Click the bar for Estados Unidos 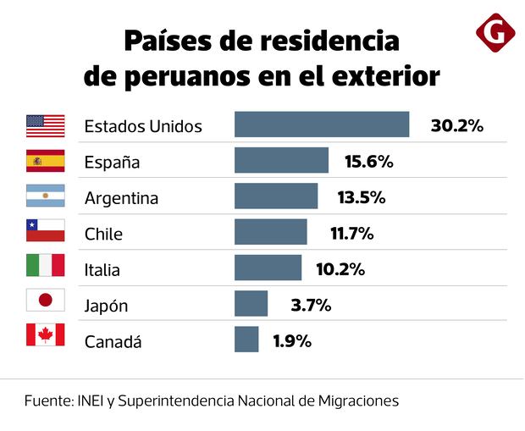tap(322, 124)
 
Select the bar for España tap(281, 160)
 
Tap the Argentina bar tap(276, 196)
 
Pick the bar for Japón tap(251, 303)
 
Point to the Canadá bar tap(246, 340)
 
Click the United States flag tap(46, 125)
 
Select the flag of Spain tap(46, 161)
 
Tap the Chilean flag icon tap(46, 231)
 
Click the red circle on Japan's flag tap(46, 301)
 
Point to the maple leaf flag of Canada tap(46, 335)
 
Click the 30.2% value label tap(456, 125)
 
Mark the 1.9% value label tap(292, 341)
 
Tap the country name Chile tap(103, 235)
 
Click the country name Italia tap(102, 271)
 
